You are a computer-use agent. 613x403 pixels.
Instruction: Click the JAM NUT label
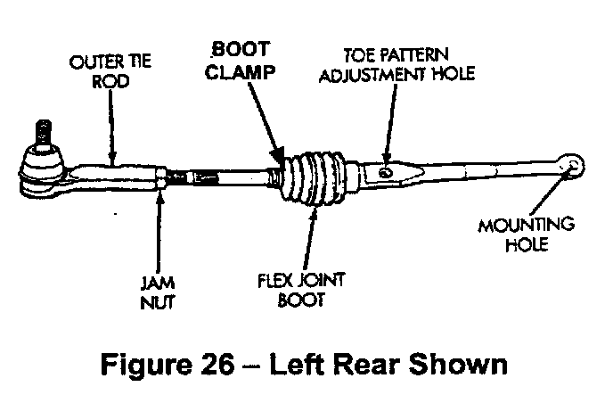click(156, 293)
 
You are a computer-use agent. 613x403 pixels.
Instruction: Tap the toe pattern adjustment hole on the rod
click(387, 171)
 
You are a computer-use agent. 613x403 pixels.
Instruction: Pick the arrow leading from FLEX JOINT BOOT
click(311, 236)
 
